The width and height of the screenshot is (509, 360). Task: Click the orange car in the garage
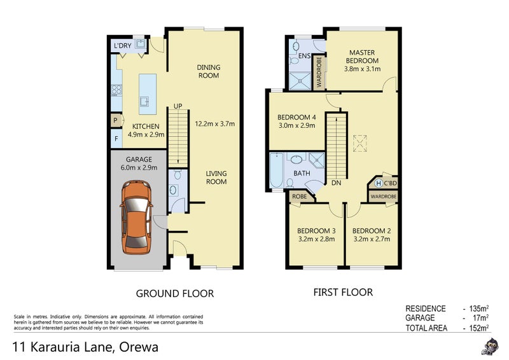(136, 217)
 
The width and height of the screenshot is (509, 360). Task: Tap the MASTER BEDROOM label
(362, 57)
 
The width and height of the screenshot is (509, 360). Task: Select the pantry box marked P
(116, 120)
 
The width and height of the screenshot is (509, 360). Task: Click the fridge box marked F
(116, 139)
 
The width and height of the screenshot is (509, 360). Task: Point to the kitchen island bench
(148, 94)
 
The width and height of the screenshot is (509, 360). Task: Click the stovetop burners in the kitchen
(116, 90)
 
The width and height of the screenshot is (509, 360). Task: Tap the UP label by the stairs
(178, 106)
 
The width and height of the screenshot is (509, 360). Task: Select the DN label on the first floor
(337, 183)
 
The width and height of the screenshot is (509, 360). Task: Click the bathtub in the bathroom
(276, 170)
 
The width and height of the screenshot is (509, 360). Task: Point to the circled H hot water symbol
(378, 183)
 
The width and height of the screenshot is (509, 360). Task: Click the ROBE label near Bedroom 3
(299, 197)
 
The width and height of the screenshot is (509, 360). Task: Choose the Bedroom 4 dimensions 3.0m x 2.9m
(296, 126)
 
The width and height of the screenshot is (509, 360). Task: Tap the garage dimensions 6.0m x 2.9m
(139, 167)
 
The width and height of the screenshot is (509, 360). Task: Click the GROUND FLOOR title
(174, 293)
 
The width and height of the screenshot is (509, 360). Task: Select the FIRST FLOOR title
(343, 292)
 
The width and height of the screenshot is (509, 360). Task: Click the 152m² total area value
(479, 328)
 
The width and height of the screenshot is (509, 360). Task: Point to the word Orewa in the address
(139, 347)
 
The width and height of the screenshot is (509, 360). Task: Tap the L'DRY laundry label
(122, 46)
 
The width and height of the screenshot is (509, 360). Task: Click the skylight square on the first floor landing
(359, 144)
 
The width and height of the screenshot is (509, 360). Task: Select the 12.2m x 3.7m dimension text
(215, 123)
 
